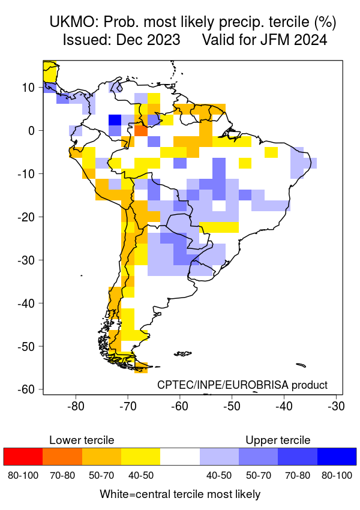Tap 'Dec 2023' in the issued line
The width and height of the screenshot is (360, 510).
point(150,40)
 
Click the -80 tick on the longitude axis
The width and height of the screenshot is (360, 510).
point(76,406)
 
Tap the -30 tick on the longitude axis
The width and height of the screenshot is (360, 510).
point(335,406)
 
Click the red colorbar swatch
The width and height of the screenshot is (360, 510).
point(23,457)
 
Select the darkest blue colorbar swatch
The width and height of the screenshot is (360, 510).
point(337,457)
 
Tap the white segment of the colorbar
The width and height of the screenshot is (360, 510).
point(180,457)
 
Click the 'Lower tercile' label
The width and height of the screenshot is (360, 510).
point(82,440)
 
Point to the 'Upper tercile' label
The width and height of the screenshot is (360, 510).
point(278,440)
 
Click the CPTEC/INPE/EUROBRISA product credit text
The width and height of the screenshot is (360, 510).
point(242,385)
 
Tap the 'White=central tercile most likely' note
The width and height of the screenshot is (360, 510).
point(180,494)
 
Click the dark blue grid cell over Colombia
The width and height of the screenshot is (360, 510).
point(115,120)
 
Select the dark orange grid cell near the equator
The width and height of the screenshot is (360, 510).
point(141,130)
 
